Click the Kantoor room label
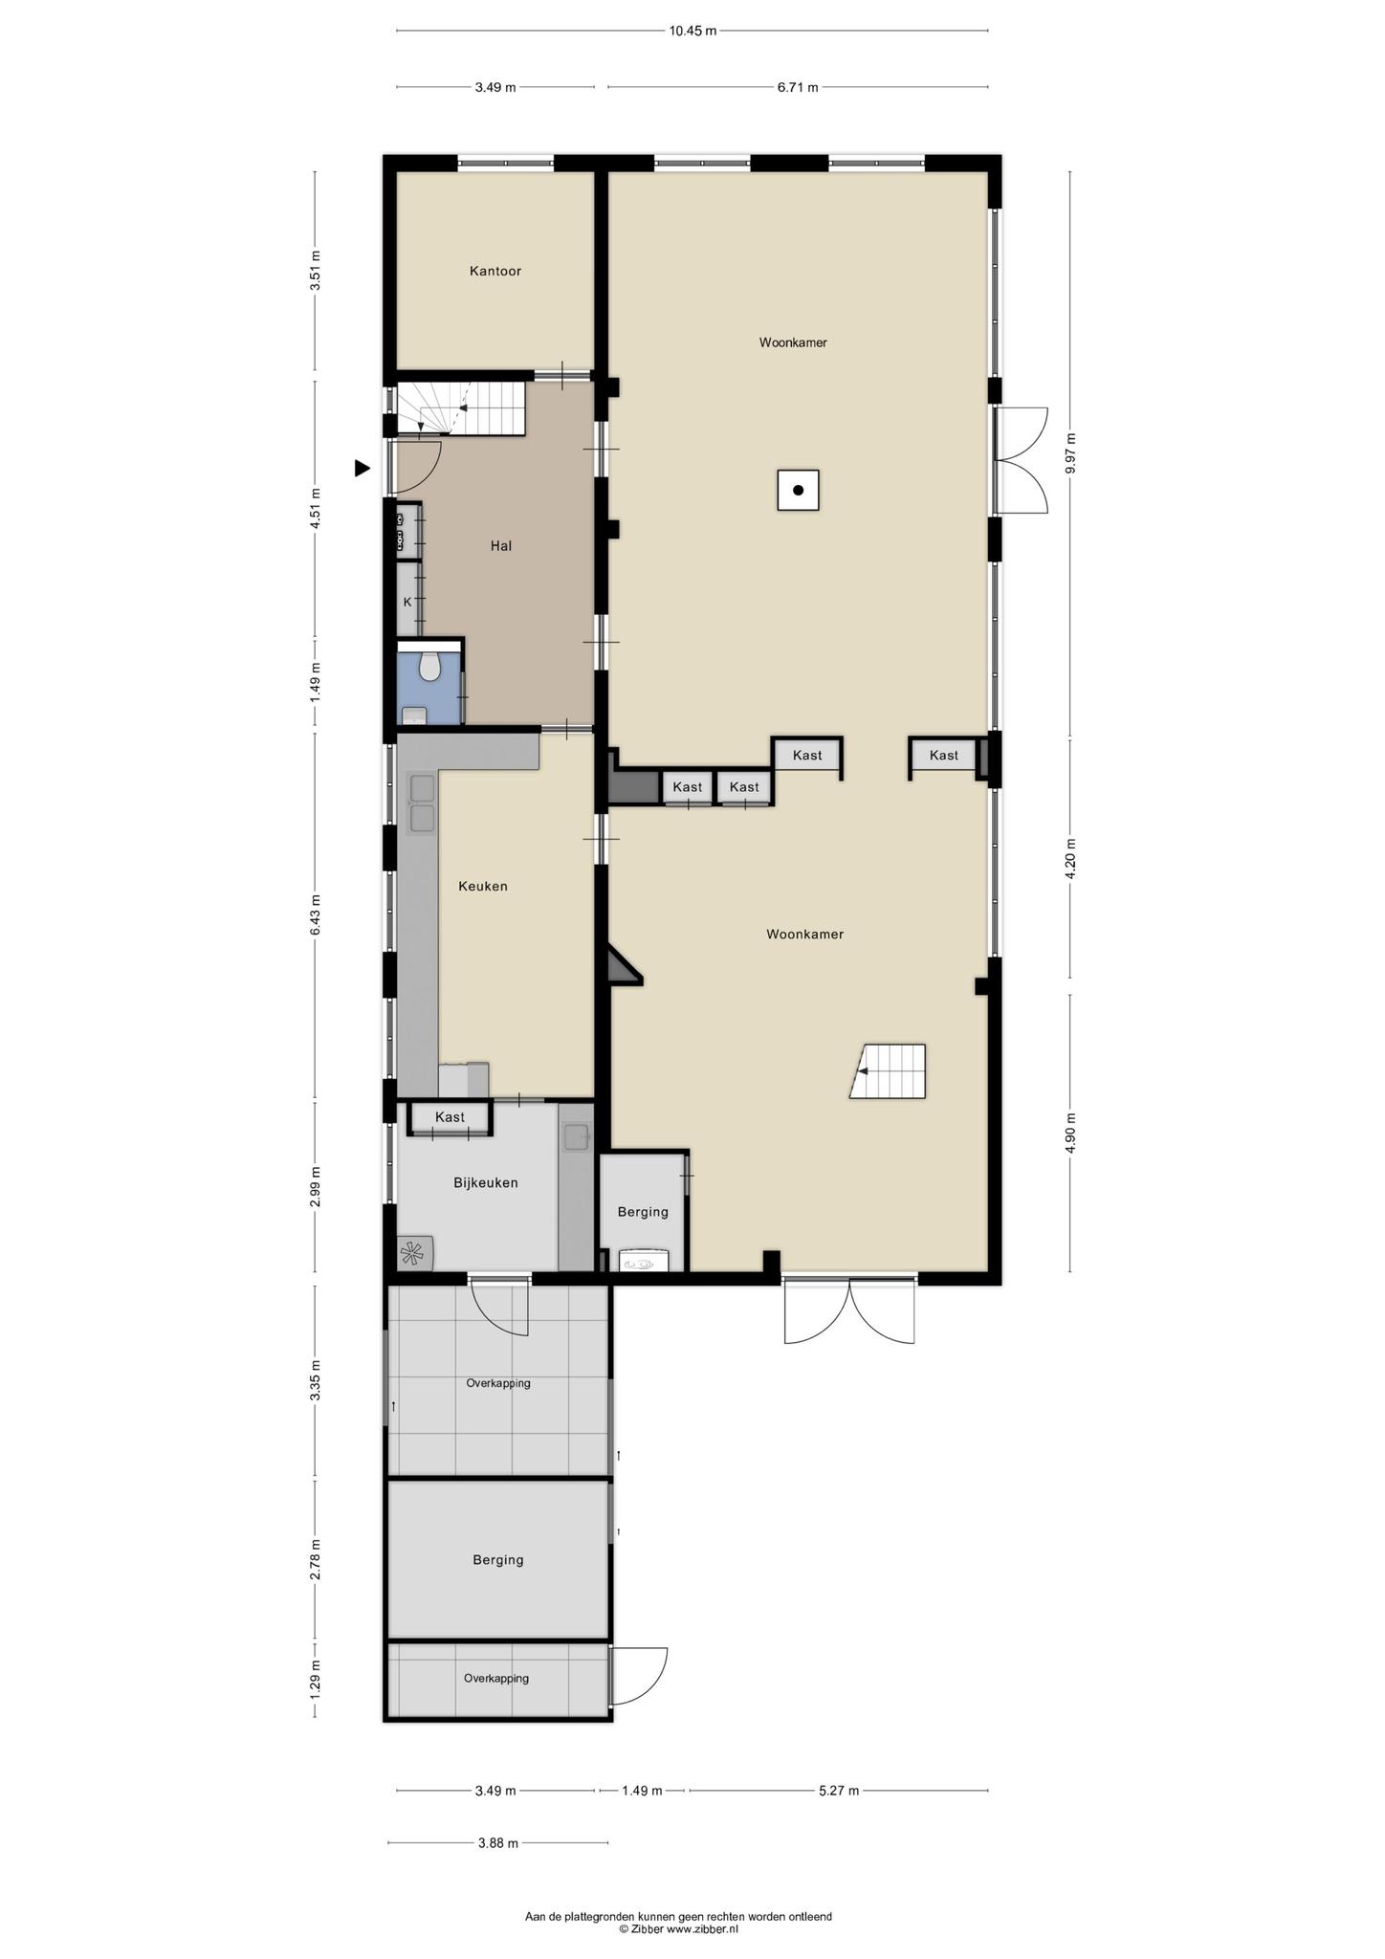(x=495, y=272)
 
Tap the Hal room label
(x=501, y=546)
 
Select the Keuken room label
(x=483, y=887)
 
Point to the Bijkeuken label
(x=486, y=1183)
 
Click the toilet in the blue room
(x=429, y=666)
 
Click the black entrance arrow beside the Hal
(x=362, y=468)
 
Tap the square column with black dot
(x=798, y=491)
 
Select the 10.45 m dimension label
(x=692, y=31)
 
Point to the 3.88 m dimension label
(x=497, y=1843)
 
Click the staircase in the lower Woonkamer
(x=889, y=1071)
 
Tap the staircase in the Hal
(x=461, y=408)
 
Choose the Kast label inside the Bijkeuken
(x=450, y=1117)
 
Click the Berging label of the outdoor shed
(x=498, y=1560)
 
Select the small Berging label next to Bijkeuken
(x=643, y=1212)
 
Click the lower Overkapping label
(x=496, y=1678)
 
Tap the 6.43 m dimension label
(x=316, y=917)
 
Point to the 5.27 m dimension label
(x=839, y=1791)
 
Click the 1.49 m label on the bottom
(x=642, y=1791)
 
